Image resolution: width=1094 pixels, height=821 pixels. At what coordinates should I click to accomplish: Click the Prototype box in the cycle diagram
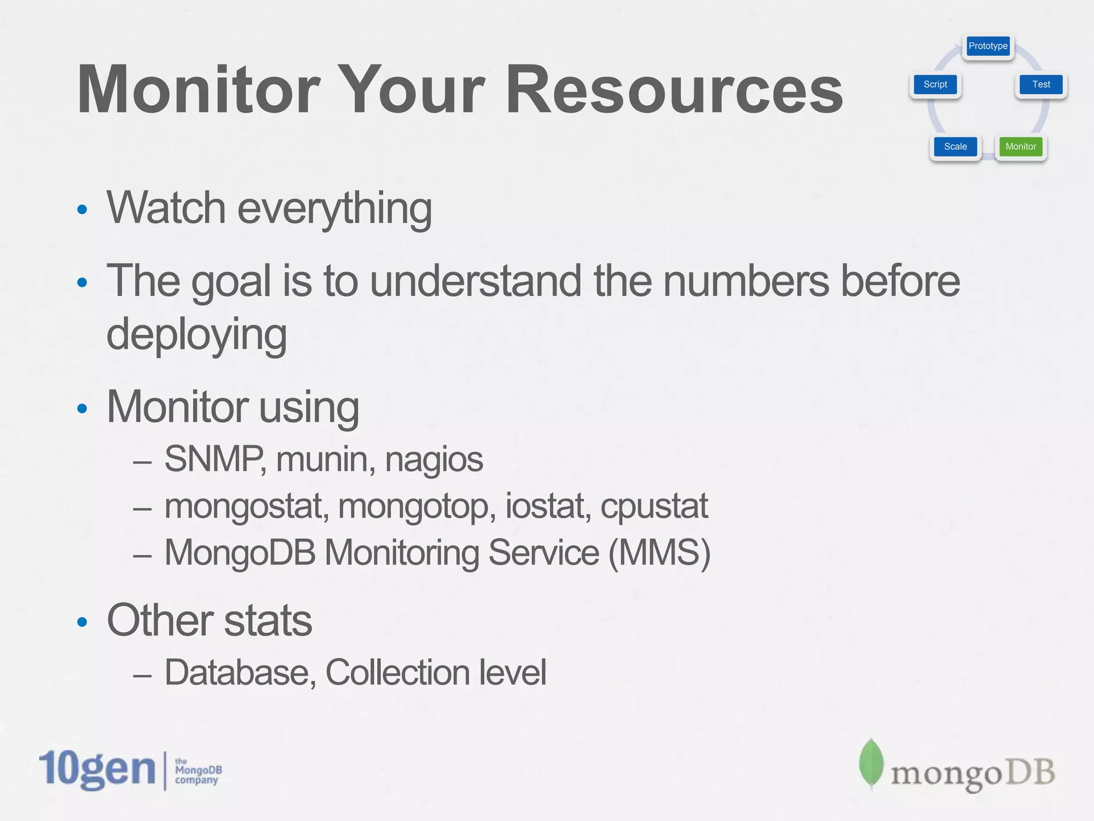988,46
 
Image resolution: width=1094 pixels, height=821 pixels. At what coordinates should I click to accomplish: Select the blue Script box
935,84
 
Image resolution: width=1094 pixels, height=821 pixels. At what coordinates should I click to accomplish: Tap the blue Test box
1041,84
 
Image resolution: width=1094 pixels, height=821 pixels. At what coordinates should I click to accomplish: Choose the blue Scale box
955,146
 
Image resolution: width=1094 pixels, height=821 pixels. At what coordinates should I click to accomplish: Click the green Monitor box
1020,146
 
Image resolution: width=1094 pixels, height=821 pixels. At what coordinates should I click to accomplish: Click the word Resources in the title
674,90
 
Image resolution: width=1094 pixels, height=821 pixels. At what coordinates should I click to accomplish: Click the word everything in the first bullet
334,208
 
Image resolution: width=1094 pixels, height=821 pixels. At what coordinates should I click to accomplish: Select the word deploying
197,334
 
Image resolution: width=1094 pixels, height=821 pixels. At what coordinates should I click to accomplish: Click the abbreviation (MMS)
659,553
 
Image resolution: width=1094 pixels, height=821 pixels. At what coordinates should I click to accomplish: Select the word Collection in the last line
397,672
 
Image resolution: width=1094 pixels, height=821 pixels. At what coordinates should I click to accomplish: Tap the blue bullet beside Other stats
82,622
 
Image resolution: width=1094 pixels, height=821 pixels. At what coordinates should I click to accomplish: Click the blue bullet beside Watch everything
82,209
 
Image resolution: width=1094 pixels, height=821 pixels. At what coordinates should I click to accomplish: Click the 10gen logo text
97,769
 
